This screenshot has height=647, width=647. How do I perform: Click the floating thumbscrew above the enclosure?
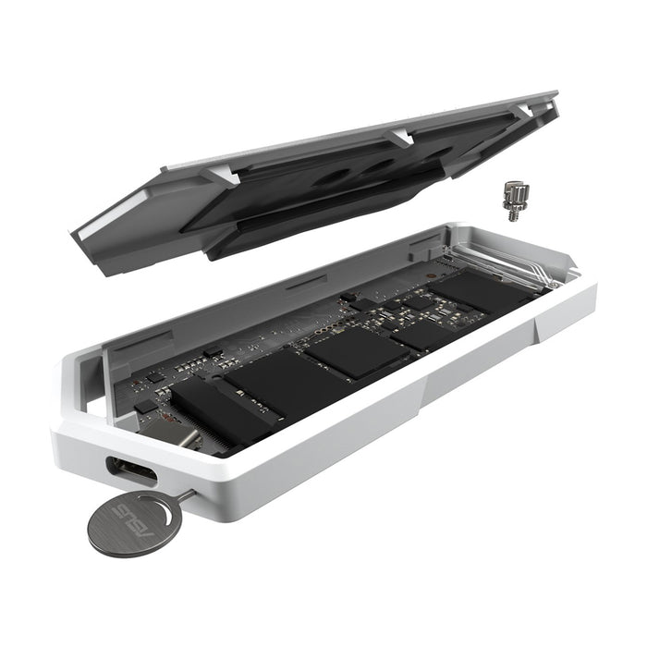(x=515, y=201)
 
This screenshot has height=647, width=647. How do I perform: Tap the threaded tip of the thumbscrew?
(x=513, y=215)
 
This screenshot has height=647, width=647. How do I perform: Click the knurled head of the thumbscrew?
(x=516, y=191)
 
